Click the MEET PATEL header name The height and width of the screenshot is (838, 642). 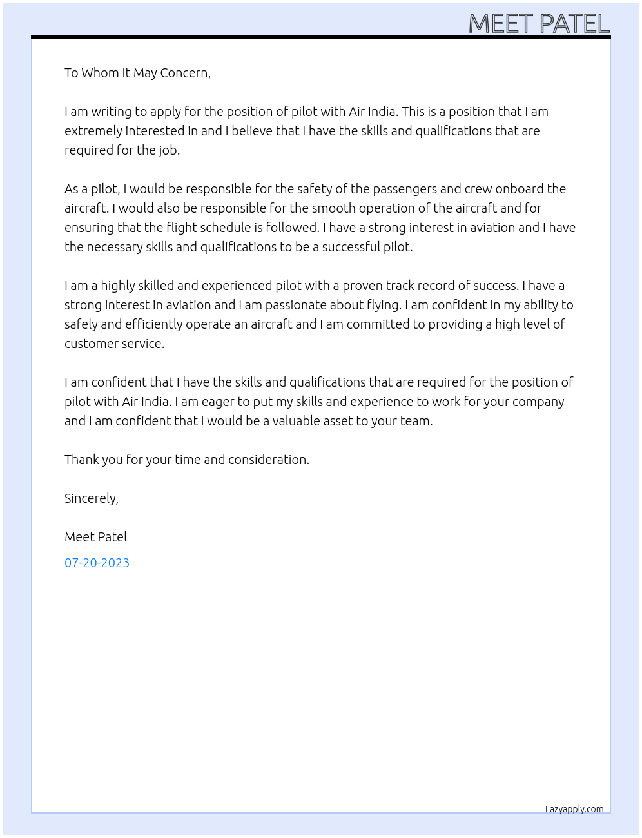(x=539, y=24)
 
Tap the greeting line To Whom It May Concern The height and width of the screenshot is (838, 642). (x=137, y=73)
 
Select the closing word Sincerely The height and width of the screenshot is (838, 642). (x=91, y=498)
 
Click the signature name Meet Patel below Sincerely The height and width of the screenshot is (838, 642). (x=95, y=537)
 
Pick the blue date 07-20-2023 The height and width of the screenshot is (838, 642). (x=97, y=563)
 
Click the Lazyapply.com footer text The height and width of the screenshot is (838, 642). (x=574, y=809)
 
